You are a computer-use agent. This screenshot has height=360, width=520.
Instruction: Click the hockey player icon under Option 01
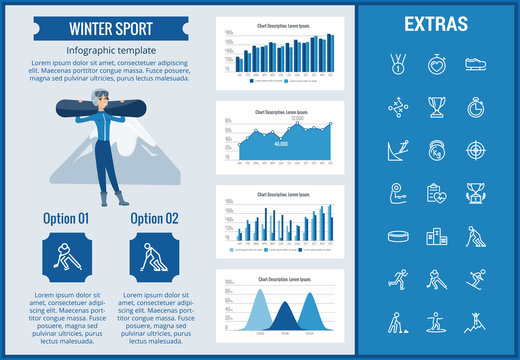click(66, 256)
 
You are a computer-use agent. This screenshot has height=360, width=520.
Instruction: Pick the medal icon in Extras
click(397, 64)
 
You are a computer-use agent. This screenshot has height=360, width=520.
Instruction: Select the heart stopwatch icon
click(436, 64)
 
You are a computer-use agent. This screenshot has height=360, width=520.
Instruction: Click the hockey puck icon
click(397, 237)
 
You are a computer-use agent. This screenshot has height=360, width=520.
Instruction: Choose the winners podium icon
click(436, 237)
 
